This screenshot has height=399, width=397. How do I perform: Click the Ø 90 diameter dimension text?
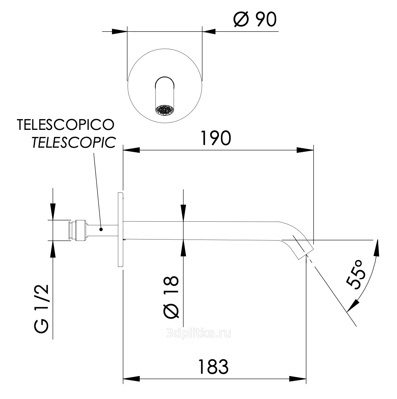pos(255,20)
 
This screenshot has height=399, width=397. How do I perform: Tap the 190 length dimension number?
pos(216,138)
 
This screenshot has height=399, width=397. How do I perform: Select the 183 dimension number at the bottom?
pos(213,367)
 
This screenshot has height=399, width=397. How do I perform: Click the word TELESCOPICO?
pos(66,124)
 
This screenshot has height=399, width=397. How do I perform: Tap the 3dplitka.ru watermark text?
pos(199,333)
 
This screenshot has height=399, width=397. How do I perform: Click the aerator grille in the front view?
pos(165,110)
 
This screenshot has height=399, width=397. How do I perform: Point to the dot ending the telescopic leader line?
pos(101,229)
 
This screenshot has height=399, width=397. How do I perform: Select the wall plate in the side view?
pos(120,229)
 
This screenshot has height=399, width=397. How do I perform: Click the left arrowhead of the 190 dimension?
pos(131,150)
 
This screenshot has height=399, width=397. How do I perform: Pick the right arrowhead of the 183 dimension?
pos(298,379)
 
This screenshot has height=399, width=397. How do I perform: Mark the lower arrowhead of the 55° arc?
pos(353,305)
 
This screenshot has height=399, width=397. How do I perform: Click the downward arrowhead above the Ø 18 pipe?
pos(183,213)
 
